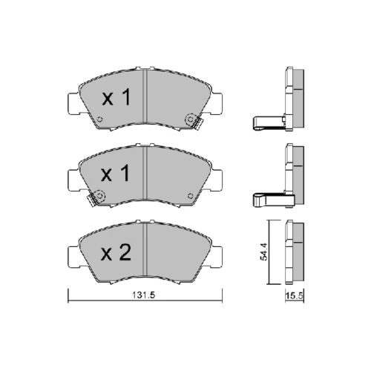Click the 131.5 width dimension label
coord(144,295)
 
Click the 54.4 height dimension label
coord(263,252)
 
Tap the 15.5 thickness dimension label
coord(295,296)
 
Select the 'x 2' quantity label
coord(116,253)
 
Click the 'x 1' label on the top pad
coord(116,97)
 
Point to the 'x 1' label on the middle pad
coord(116,174)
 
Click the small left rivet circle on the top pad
coord(100,119)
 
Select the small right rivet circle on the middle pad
coord(190,196)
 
